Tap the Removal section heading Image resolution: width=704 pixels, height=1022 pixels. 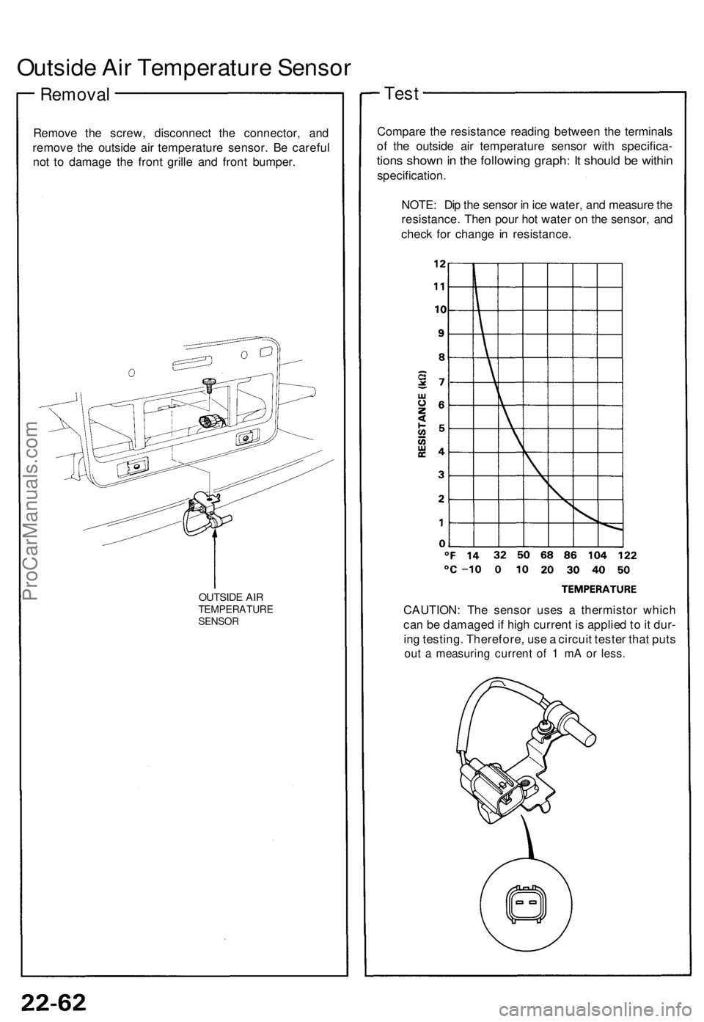[75, 95]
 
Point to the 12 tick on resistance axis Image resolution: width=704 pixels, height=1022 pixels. [439, 261]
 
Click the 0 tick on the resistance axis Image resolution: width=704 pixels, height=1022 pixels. [442, 543]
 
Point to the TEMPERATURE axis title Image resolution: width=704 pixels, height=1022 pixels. [599, 588]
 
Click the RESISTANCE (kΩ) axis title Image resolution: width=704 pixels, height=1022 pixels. [424, 413]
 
